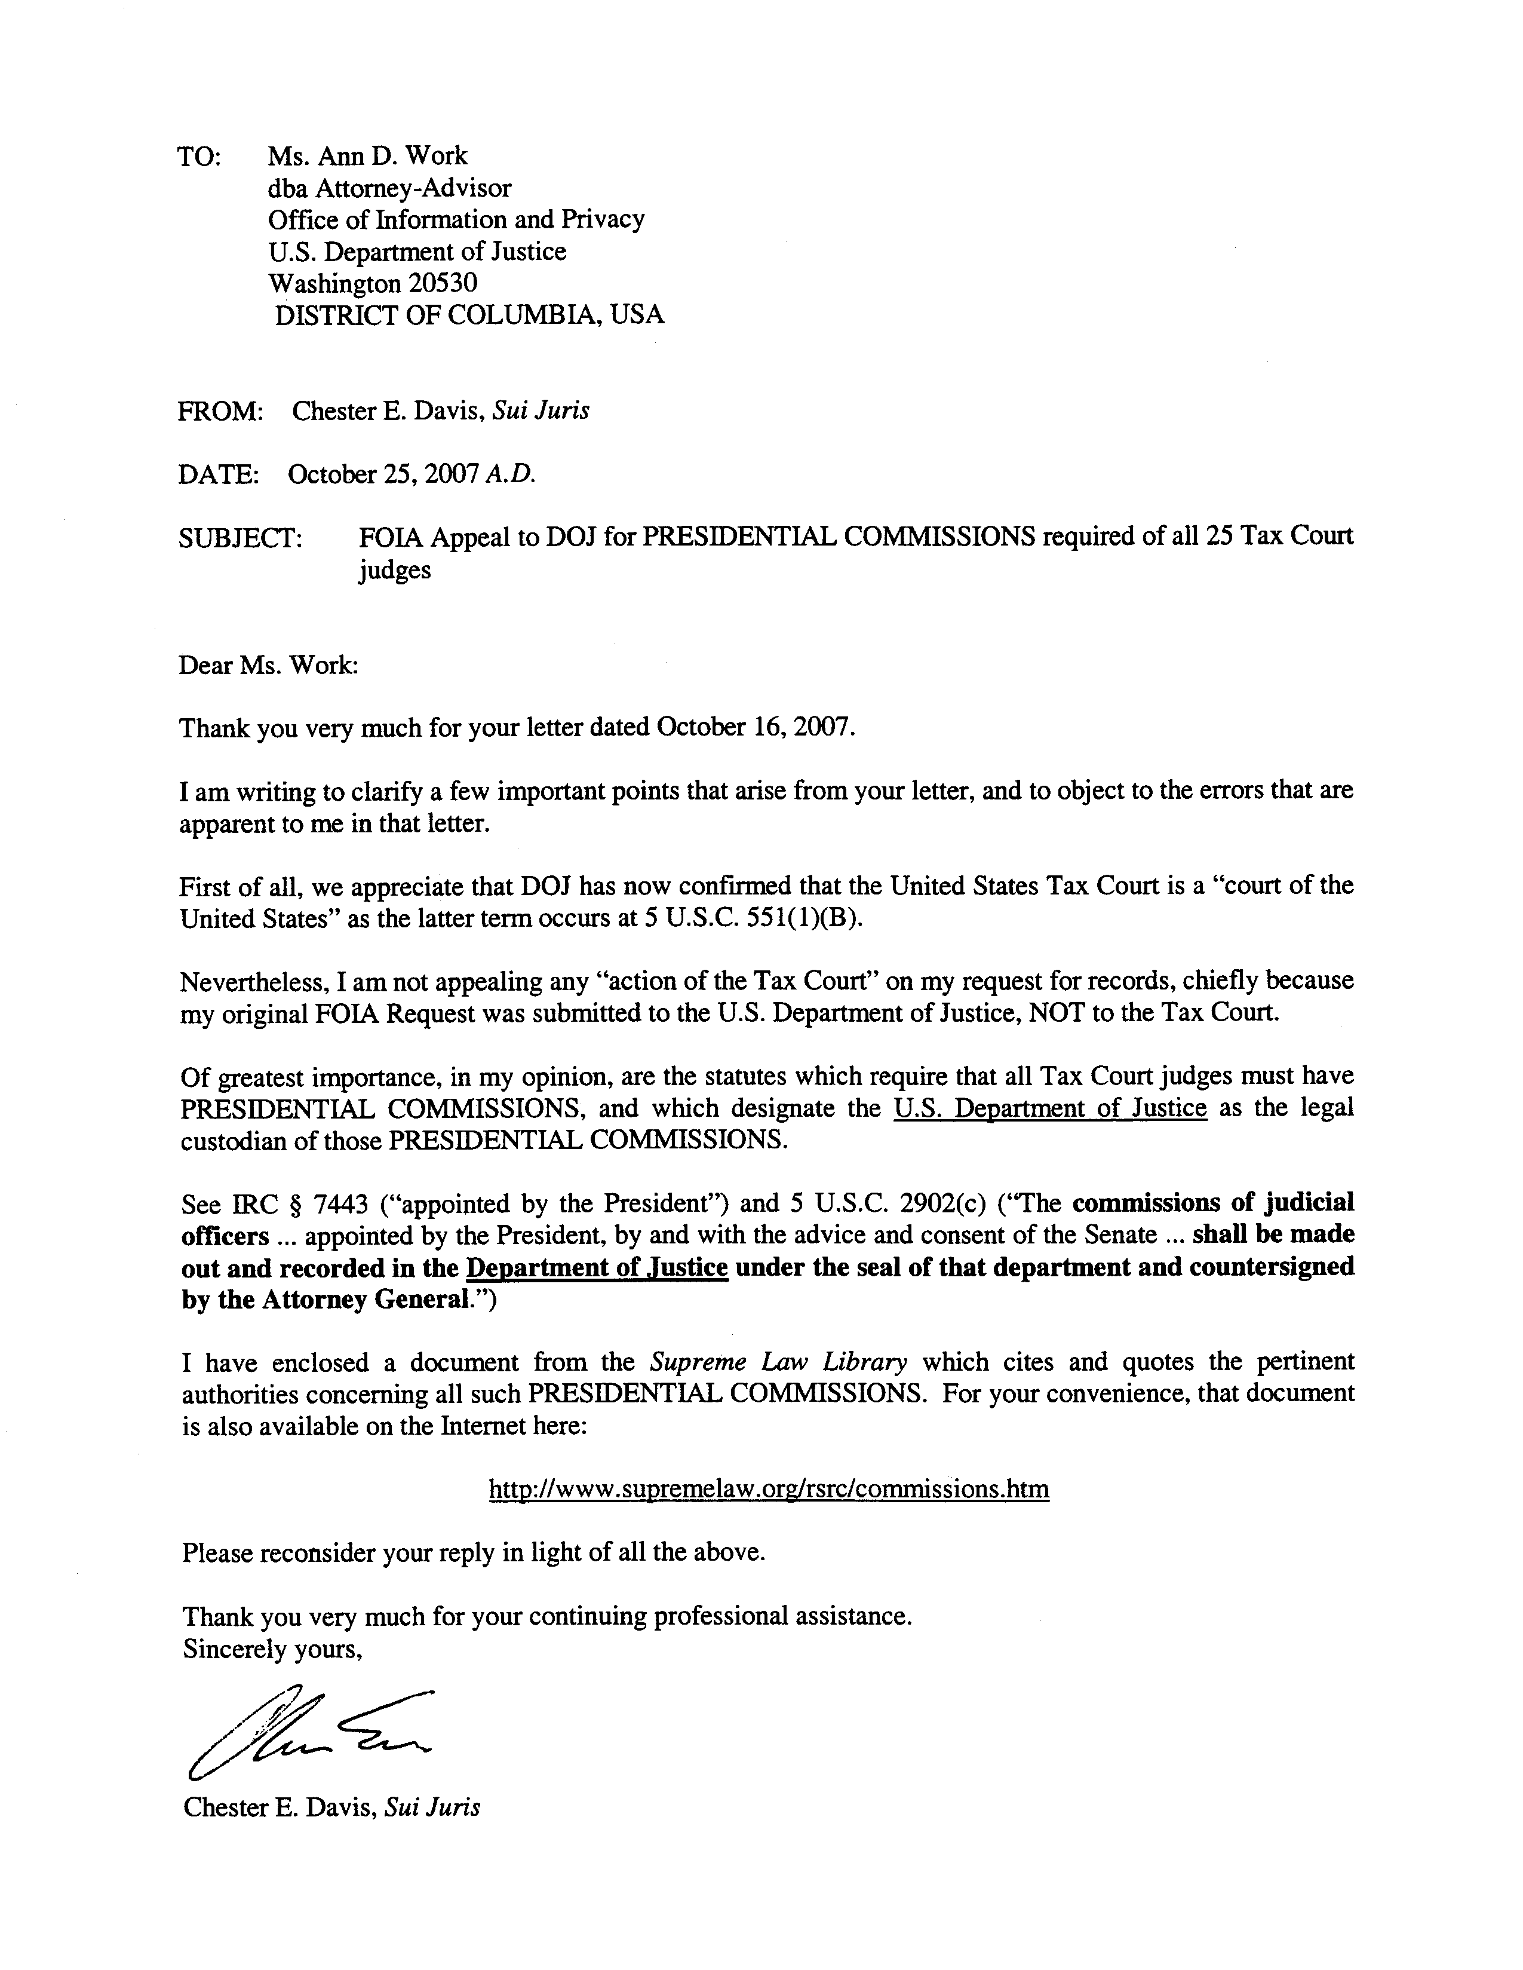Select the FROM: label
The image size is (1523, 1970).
(x=220, y=411)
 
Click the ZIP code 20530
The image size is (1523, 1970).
(x=442, y=283)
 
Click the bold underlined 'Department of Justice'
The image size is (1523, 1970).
(x=596, y=1267)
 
